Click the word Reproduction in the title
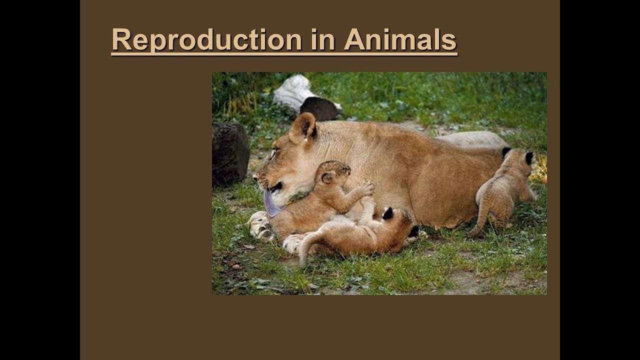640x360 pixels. tap(206, 40)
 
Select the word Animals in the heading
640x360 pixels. tap(400, 40)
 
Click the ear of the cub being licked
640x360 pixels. tap(328, 177)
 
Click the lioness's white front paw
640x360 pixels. tap(260, 225)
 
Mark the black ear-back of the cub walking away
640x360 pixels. tap(528, 158)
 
